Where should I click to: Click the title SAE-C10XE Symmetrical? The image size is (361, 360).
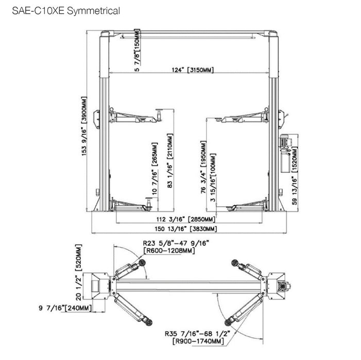66,11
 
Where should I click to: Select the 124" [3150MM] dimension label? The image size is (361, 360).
193,69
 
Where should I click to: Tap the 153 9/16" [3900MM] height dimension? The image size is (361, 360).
84,126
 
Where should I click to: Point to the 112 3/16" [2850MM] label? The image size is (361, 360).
186,219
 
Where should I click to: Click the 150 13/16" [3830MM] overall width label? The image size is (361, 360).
185,229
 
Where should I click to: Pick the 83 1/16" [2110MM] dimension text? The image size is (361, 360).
169,160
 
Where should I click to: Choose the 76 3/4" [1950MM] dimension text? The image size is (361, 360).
203,167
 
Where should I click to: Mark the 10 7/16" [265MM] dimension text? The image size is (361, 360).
154,169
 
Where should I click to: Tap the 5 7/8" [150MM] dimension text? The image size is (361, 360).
137,50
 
